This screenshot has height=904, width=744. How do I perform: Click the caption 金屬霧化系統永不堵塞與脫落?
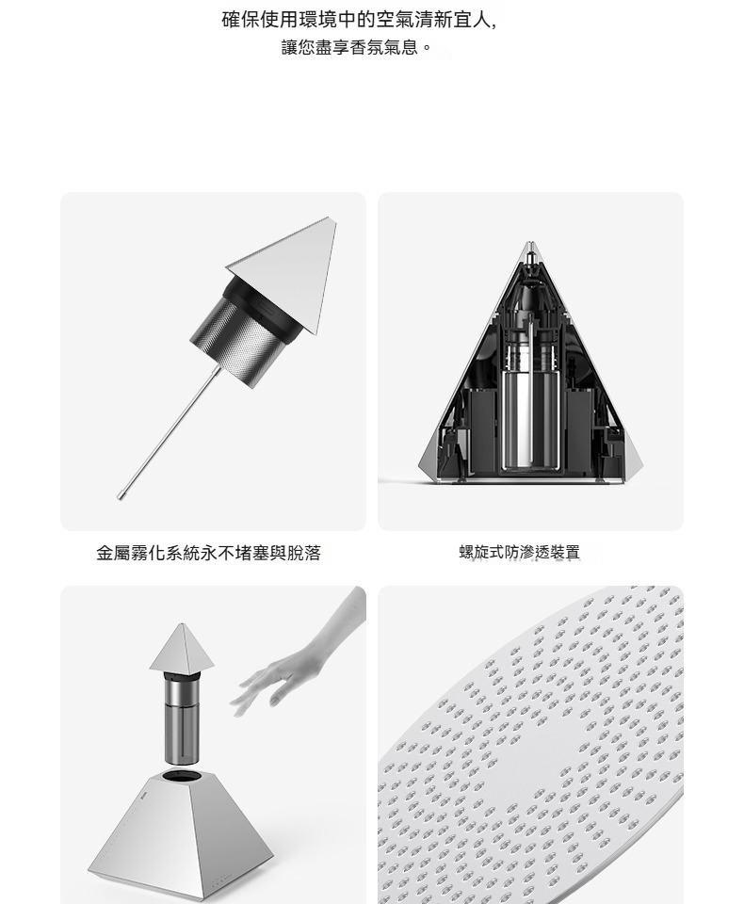click(208, 553)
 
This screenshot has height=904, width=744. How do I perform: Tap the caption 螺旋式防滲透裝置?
click(519, 552)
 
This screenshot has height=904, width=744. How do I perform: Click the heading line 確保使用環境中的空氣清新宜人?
click(358, 20)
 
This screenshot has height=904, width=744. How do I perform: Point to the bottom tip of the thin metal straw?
click(120, 496)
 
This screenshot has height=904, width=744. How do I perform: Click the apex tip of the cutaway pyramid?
click(529, 243)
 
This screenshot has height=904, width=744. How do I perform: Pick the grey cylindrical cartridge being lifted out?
click(181, 718)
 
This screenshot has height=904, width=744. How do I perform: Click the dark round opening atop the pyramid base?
click(183, 774)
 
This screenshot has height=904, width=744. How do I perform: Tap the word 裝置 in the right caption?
click(565, 552)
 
